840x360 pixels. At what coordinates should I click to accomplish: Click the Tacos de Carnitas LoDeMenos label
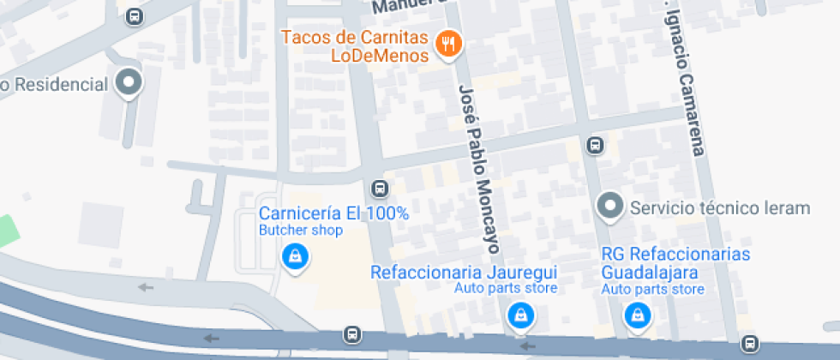(x=354, y=46)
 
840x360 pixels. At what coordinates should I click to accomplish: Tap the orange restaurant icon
(x=447, y=42)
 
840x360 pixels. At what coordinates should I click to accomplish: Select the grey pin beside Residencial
(x=129, y=83)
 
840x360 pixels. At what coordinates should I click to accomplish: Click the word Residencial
(x=63, y=84)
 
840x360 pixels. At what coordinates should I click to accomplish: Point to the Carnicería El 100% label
(x=333, y=213)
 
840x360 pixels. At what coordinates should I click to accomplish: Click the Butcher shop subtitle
(x=300, y=230)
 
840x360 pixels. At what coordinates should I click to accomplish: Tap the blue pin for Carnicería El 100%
(x=295, y=255)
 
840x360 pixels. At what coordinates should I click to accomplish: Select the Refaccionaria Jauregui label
(x=463, y=272)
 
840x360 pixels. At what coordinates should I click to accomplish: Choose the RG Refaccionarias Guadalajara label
(x=675, y=263)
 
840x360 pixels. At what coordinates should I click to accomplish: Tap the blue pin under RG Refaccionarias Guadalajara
(x=637, y=316)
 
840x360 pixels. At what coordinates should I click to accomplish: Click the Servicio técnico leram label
(x=719, y=207)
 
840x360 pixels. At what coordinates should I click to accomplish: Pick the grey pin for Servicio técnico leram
(x=609, y=205)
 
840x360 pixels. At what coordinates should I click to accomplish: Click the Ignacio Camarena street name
(x=686, y=81)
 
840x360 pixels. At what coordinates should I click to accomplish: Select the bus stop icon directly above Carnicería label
(x=378, y=188)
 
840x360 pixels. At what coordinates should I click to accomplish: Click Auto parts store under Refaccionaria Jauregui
(x=506, y=288)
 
